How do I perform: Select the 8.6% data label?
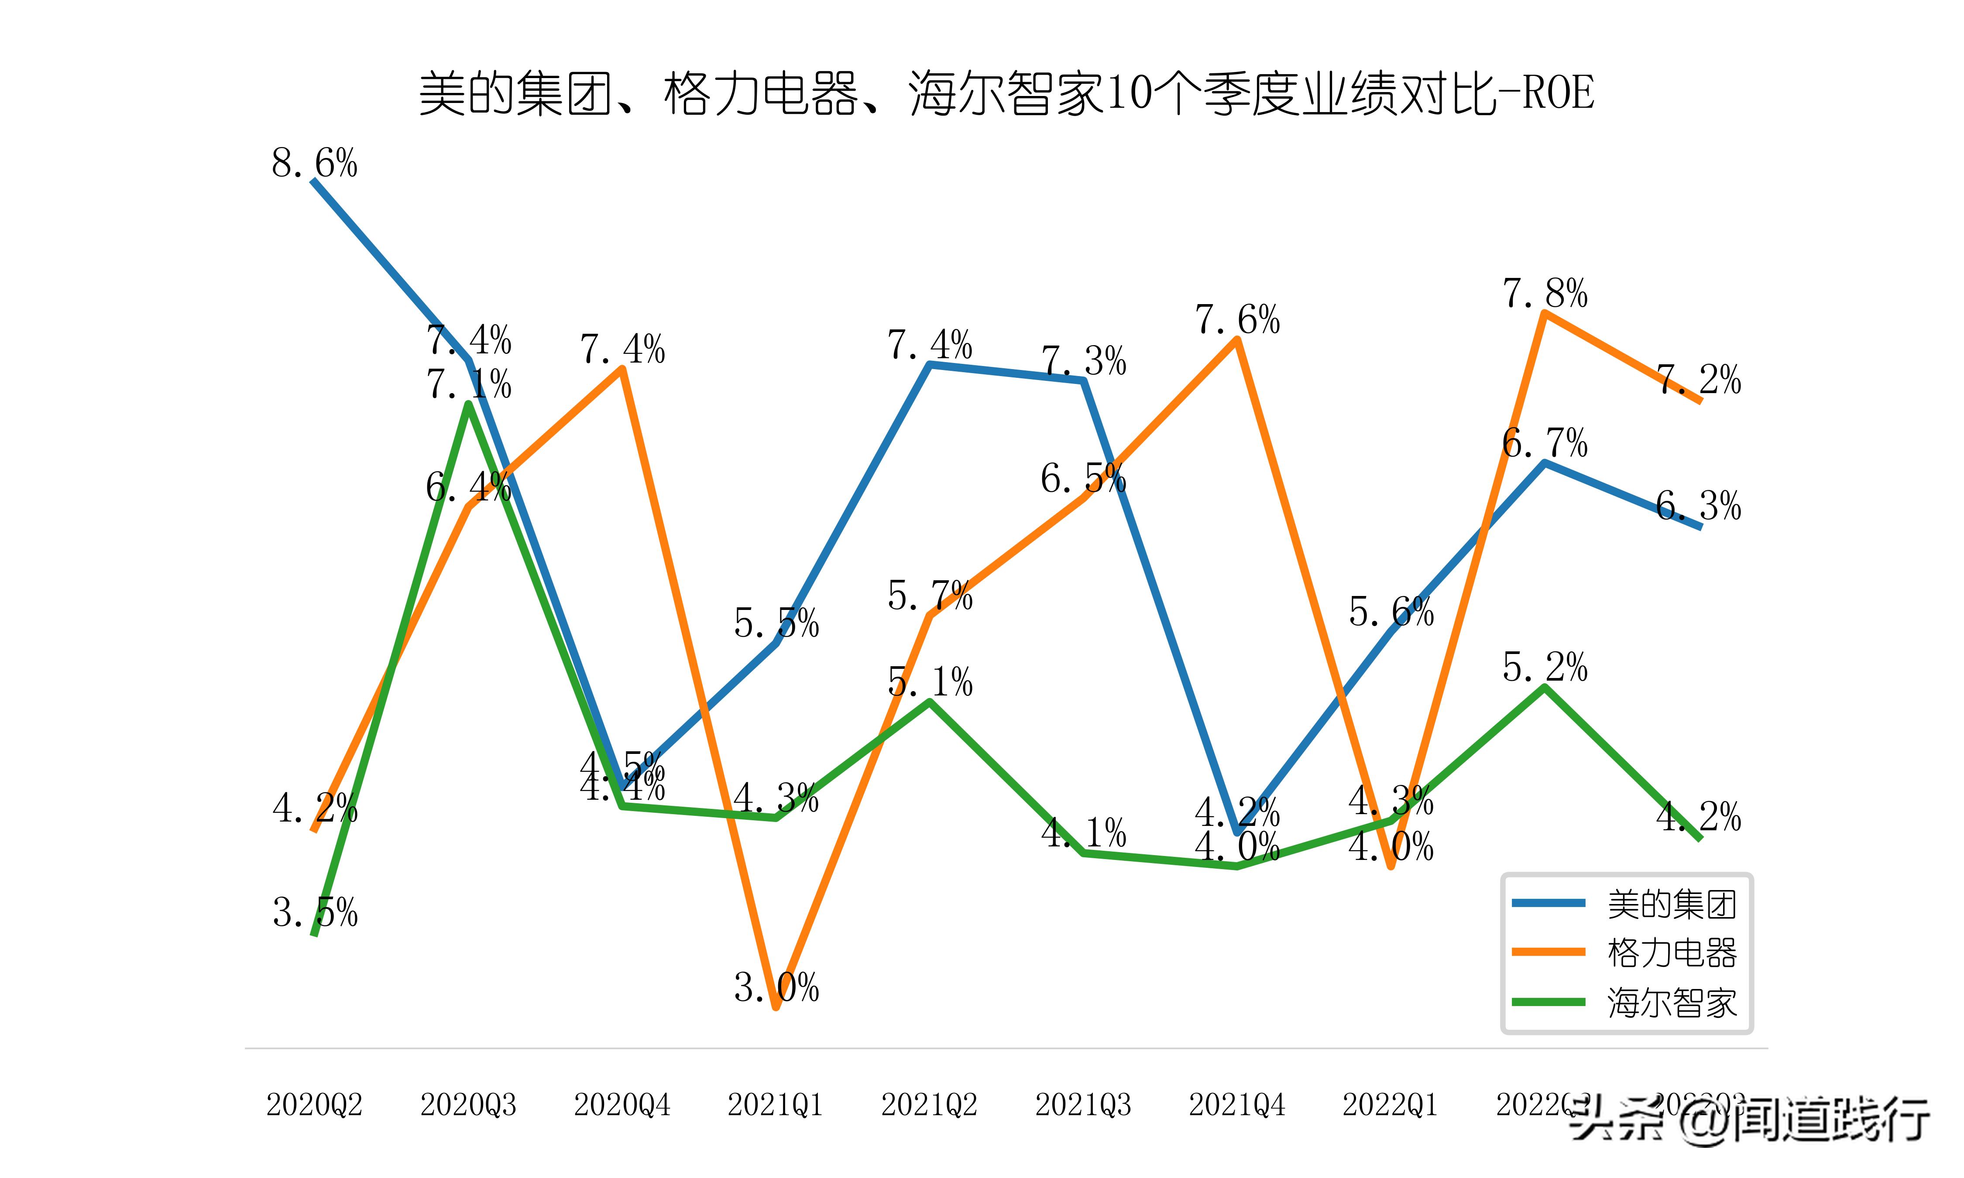point(314,164)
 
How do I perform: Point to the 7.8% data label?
point(1545,294)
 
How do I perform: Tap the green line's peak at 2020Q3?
point(469,405)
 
